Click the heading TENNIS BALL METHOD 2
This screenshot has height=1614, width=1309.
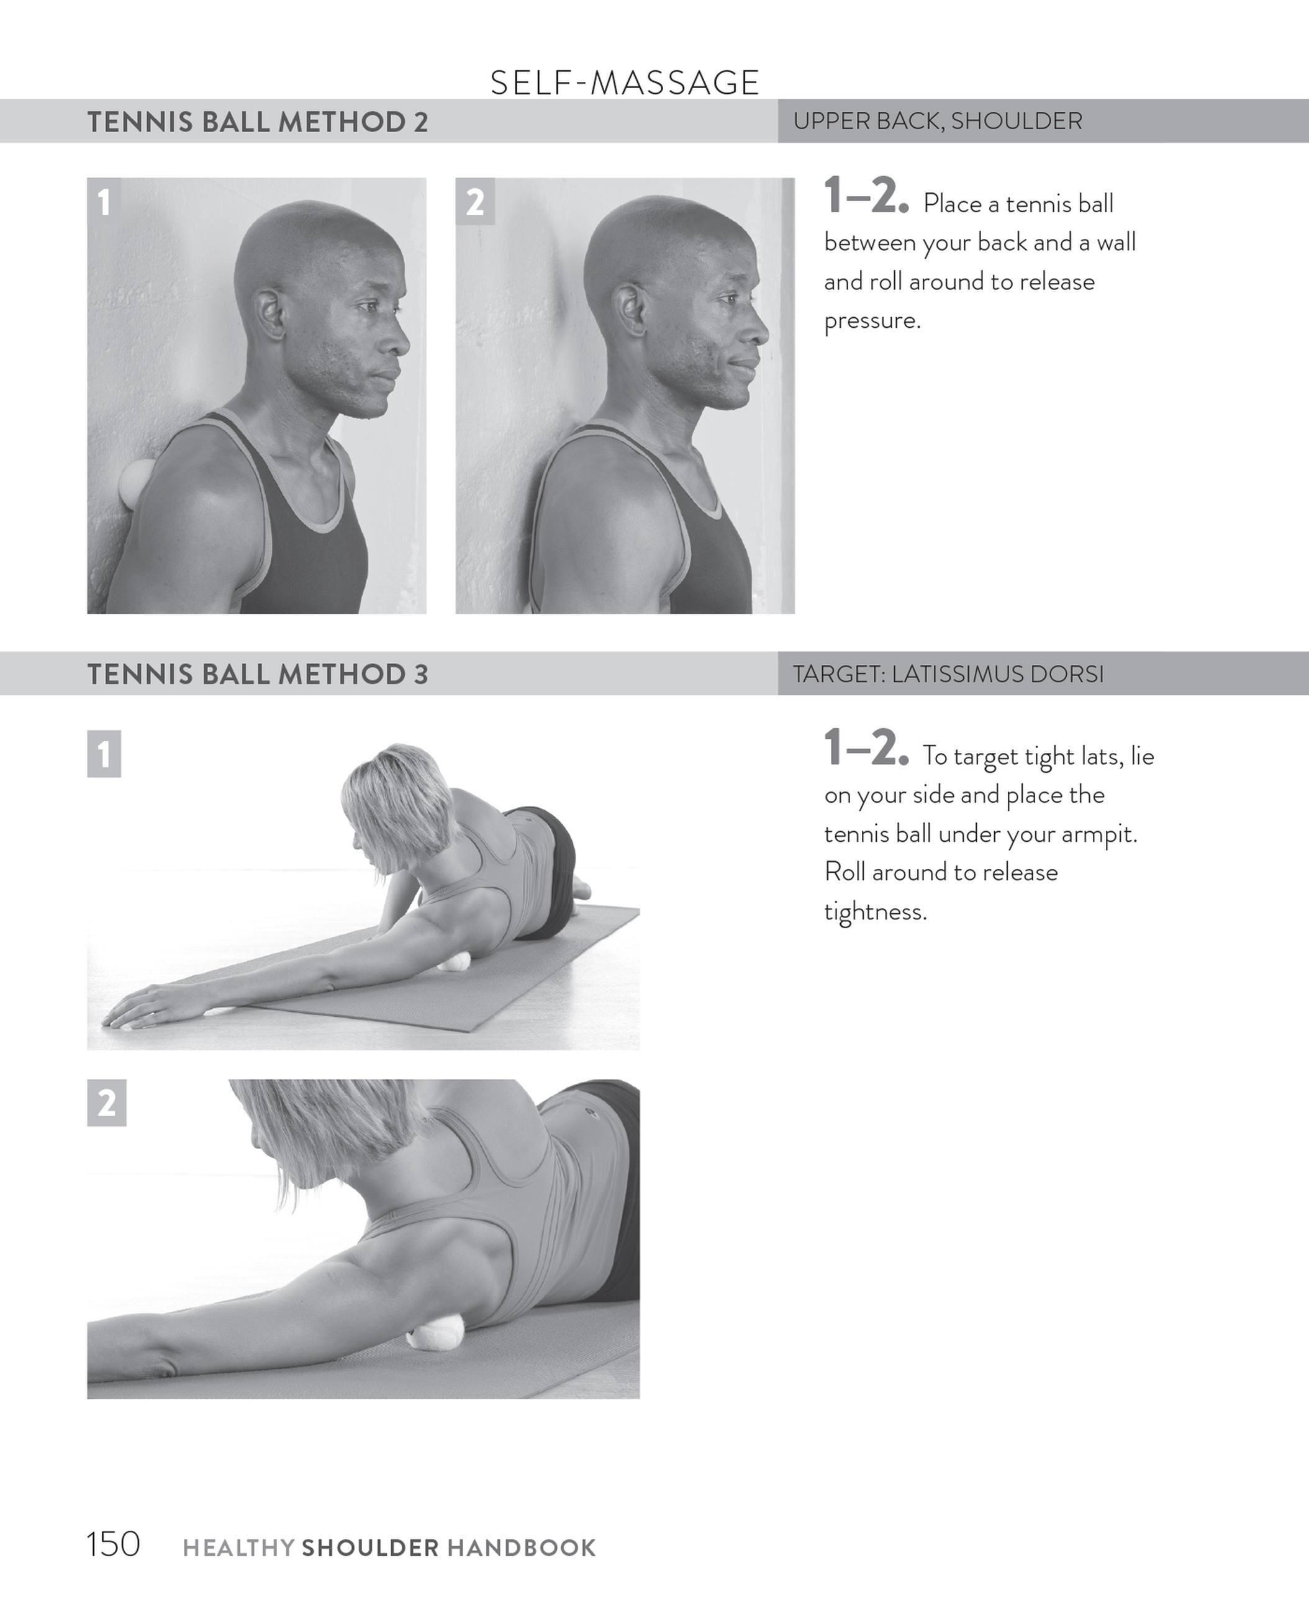click(257, 122)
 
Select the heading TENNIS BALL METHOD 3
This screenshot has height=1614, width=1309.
click(257, 674)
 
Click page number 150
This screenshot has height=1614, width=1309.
click(113, 1544)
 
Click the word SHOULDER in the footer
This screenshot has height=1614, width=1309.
click(370, 1548)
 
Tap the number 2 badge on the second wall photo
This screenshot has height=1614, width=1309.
click(474, 202)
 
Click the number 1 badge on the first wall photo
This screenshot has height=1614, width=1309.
click(104, 202)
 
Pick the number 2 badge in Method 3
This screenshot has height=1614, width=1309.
click(106, 1103)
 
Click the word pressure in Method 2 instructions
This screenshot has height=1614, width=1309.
click(872, 321)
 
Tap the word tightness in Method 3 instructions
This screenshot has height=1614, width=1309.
click(875, 912)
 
